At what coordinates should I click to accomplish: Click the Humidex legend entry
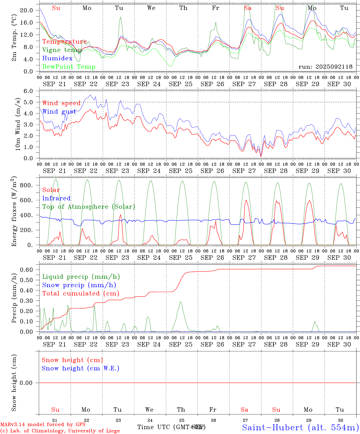click(57, 58)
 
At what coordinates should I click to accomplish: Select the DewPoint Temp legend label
click(69, 67)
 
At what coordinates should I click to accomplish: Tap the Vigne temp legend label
click(62, 50)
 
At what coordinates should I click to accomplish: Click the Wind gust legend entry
click(59, 112)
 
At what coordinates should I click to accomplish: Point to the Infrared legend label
click(56, 198)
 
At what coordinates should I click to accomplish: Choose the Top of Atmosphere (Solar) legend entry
click(89, 207)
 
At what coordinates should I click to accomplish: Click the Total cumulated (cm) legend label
click(81, 294)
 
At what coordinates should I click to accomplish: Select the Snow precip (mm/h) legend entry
click(79, 285)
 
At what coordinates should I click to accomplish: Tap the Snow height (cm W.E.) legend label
click(81, 368)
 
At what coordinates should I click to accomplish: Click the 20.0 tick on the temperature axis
click(27, 10)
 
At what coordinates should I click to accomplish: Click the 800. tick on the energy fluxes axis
click(26, 185)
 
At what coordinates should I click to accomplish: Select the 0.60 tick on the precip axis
click(27, 270)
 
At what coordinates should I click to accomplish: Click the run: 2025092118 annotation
click(325, 67)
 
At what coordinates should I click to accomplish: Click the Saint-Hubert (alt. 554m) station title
click(300, 427)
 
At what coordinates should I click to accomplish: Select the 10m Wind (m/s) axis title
click(17, 124)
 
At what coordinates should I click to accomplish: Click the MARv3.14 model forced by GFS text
click(43, 425)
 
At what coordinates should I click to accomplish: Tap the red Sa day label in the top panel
click(248, 8)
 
